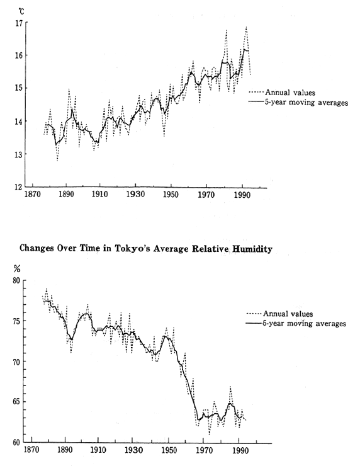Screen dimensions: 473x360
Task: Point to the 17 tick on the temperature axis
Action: [18, 23]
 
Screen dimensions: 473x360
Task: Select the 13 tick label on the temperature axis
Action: [18, 154]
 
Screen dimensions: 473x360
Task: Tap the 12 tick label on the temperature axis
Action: [18, 187]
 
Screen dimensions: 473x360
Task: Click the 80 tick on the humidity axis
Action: [18, 281]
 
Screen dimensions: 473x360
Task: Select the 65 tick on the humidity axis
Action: [18, 401]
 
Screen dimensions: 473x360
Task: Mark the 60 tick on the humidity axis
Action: [18, 442]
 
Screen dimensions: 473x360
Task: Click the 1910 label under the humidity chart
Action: [98, 452]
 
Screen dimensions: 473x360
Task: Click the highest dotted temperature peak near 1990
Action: [246, 27]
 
